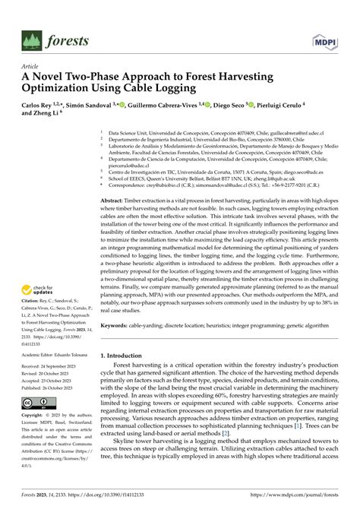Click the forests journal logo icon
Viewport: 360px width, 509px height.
point(32,40)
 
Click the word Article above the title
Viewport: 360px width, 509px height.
point(32,66)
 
